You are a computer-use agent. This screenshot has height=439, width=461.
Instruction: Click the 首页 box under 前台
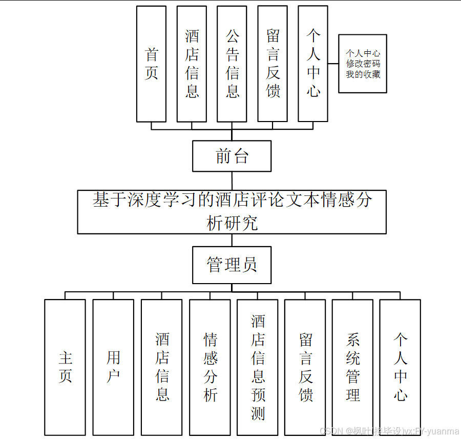[151, 64]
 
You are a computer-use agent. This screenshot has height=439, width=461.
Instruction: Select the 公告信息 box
[232, 64]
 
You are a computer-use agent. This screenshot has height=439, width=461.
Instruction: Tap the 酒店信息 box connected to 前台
[192, 64]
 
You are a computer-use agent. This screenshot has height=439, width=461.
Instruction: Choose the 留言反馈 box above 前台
[273, 64]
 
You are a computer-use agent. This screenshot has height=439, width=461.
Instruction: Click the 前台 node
[232, 156]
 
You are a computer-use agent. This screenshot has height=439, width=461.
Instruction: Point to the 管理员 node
[232, 265]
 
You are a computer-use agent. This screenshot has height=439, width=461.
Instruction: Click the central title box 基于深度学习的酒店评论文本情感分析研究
[232, 212]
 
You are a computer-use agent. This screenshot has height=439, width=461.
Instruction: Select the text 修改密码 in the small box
[363, 64]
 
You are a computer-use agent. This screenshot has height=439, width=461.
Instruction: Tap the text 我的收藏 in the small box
[363, 74]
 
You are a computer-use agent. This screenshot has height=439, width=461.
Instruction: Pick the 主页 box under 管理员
[65, 367]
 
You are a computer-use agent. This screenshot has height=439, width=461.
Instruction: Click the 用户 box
[113, 367]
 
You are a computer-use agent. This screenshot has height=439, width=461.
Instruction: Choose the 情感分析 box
[210, 367]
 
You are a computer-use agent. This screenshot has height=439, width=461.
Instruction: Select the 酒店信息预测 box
[258, 367]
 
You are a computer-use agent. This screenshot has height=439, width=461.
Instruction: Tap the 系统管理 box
[352, 367]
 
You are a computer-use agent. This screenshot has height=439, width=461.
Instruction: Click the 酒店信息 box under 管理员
[162, 367]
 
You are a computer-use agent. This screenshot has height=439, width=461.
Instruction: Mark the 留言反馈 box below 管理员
[305, 367]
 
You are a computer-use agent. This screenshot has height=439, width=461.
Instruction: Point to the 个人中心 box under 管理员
[400, 367]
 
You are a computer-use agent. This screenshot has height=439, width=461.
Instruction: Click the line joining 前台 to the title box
[232, 181]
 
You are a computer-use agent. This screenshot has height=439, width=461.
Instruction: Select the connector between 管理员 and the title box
[232, 240]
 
